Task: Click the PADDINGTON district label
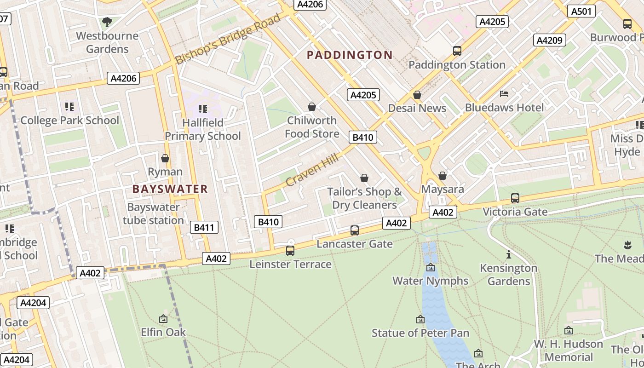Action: pos(350,55)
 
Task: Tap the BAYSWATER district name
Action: pos(170,189)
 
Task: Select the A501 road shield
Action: pos(581,11)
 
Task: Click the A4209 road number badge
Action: pos(550,40)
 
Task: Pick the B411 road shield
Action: pos(204,227)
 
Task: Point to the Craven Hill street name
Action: pos(312,171)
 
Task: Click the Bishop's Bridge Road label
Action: pos(228,40)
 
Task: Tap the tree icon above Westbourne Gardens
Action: pos(107,22)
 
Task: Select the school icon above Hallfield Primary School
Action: pos(202,109)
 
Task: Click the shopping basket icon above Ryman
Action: pos(165,158)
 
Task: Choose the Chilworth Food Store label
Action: pos(312,127)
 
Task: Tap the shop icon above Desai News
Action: pos(417,95)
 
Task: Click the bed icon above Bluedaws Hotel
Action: pos(504,94)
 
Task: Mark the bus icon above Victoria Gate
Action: pos(515,198)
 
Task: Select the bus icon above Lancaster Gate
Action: pos(355,230)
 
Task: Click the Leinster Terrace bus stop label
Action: pos(290,264)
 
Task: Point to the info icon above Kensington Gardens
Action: pos(509,254)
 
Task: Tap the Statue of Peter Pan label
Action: pos(420,333)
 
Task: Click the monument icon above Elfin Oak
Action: pos(163,319)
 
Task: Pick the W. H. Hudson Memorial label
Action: pos(569,351)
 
